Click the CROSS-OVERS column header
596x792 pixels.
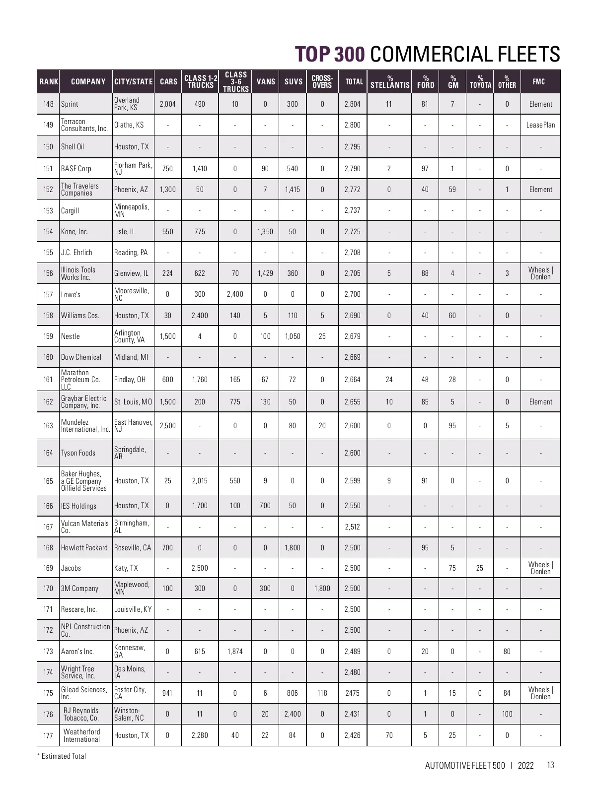point(322,81)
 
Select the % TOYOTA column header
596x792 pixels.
point(480,81)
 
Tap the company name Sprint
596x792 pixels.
point(70,104)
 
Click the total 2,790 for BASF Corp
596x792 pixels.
point(352,169)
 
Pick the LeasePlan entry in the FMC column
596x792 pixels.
point(540,125)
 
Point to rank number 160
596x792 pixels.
point(48,357)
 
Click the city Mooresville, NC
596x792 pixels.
point(132,294)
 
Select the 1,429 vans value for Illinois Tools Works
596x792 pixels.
point(265,273)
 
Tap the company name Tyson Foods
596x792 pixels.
point(78,453)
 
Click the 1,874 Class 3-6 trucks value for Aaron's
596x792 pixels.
point(235,652)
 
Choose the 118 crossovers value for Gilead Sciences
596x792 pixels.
point(322,693)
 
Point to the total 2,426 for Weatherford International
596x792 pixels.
point(352,735)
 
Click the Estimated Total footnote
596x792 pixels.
point(62,756)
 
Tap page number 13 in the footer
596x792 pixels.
point(550,765)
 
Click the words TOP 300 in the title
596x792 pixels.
point(330,54)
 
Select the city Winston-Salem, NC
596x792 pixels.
point(129,714)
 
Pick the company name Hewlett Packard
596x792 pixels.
point(84,548)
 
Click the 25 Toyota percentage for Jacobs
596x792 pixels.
point(479,568)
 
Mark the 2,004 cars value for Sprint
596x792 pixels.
point(167,104)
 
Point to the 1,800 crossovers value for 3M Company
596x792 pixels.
point(322,589)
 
